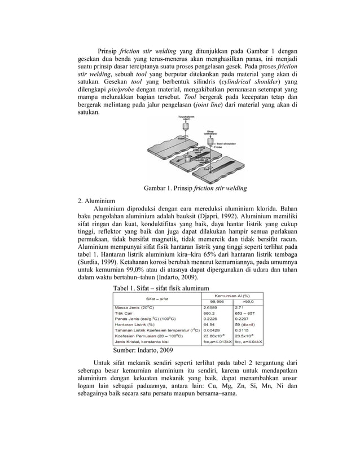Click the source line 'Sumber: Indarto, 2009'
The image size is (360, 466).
(135, 350)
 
